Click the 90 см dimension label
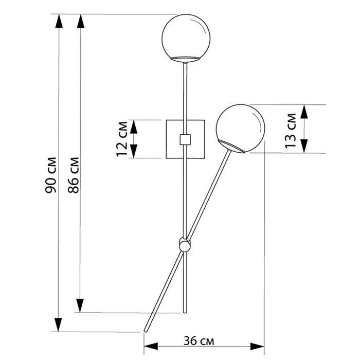[x=51, y=175]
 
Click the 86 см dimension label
[x=74, y=175]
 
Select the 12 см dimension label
[x=122, y=139]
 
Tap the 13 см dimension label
[x=291, y=131]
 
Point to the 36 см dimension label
[x=199, y=340]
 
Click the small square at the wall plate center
[x=185, y=139]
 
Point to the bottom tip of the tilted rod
[x=145, y=331]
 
